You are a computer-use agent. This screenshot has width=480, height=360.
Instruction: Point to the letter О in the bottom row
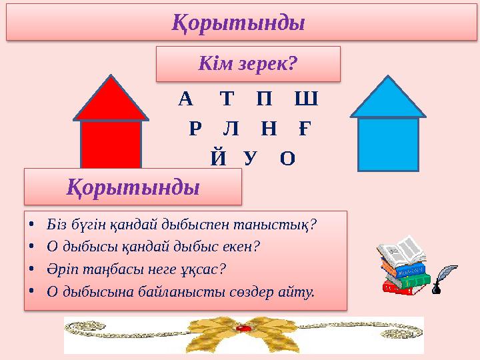coord(287,158)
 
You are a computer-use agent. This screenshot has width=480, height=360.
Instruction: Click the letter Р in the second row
coord(195,129)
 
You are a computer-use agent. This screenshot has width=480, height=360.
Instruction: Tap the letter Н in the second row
coord(268,129)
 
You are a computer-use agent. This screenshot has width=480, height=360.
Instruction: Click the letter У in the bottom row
coord(250,158)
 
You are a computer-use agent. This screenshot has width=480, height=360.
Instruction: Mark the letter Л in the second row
coord(231,129)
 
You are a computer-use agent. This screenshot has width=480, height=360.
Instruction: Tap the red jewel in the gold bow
coord(245,329)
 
